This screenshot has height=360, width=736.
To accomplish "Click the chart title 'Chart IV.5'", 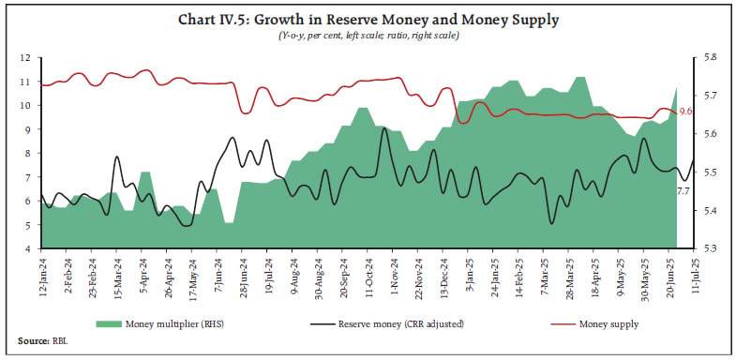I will click(x=368, y=16).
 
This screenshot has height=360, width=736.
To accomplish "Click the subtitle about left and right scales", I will click(x=368, y=35).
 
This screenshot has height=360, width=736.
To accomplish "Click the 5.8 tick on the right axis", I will click(x=710, y=58).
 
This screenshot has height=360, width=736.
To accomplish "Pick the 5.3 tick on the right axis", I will click(x=710, y=249).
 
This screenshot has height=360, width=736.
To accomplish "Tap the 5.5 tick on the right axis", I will click(x=710, y=172).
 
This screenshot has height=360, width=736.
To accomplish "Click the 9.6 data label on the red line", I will click(x=685, y=112).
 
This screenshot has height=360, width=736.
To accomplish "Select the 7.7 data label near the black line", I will click(x=683, y=190).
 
